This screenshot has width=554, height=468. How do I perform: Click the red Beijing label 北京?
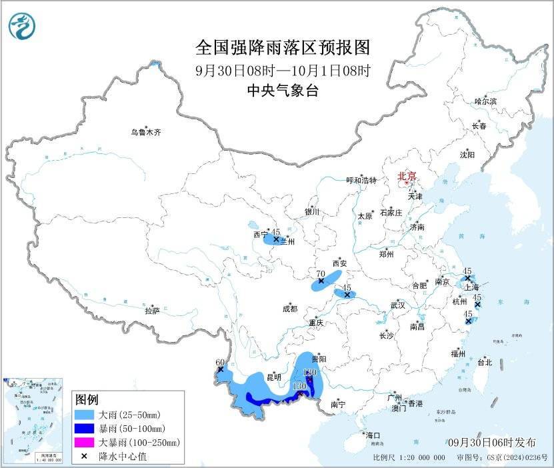point(406,177)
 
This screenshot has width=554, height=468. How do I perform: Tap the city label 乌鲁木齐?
point(145,133)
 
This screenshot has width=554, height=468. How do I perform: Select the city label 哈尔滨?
point(485,101)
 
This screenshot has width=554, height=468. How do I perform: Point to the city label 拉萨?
point(152,311)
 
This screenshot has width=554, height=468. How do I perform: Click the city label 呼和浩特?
point(361,181)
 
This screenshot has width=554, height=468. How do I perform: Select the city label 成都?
point(290,309)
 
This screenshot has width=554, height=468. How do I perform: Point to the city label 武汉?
point(398,305)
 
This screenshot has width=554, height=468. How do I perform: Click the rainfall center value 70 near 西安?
point(320,273)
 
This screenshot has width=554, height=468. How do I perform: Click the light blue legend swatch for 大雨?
point(85,415)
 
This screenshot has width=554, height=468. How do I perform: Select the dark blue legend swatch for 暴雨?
point(85,428)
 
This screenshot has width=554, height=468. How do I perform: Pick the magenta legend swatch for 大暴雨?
point(85,442)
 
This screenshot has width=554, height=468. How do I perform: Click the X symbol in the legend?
point(85,455)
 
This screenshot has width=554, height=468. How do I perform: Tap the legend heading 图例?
point(87,399)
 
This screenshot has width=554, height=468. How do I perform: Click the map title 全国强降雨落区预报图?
point(283,48)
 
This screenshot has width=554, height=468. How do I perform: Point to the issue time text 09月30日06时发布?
point(492,443)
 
